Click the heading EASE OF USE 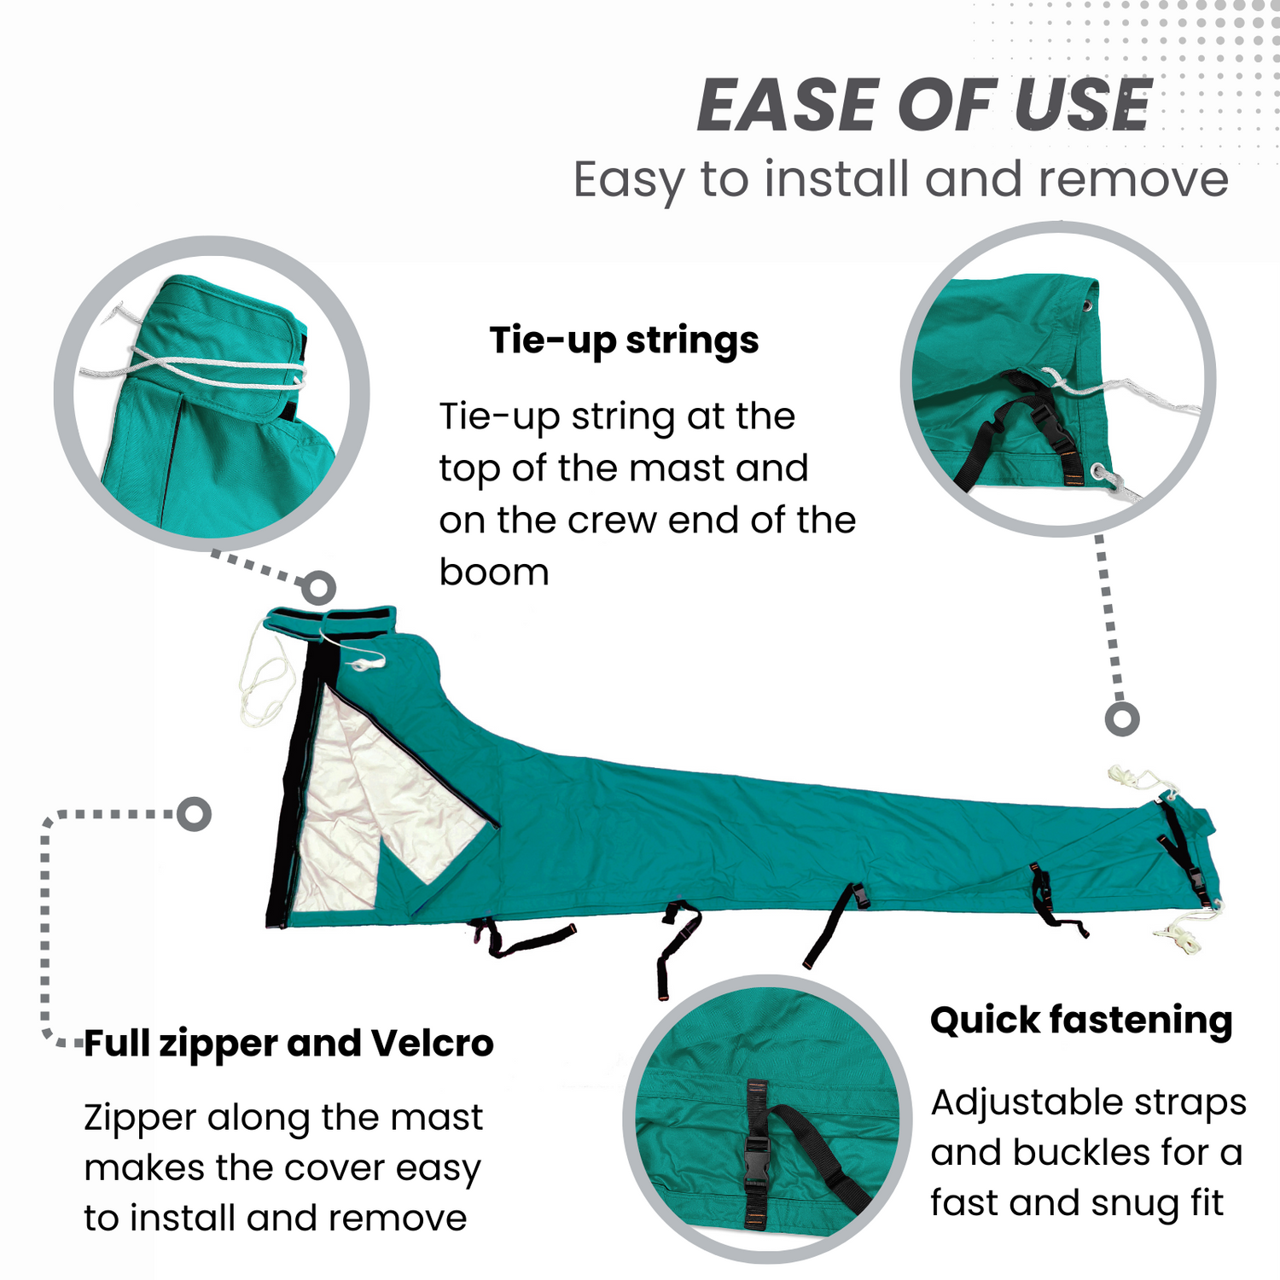point(925,106)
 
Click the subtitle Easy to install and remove point(900,180)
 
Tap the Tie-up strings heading point(624,340)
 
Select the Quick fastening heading point(1081,1021)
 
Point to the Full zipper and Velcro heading point(288,1044)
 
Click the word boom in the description point(494,572)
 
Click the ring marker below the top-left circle point(318,588)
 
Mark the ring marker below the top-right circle point(1122,719)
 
